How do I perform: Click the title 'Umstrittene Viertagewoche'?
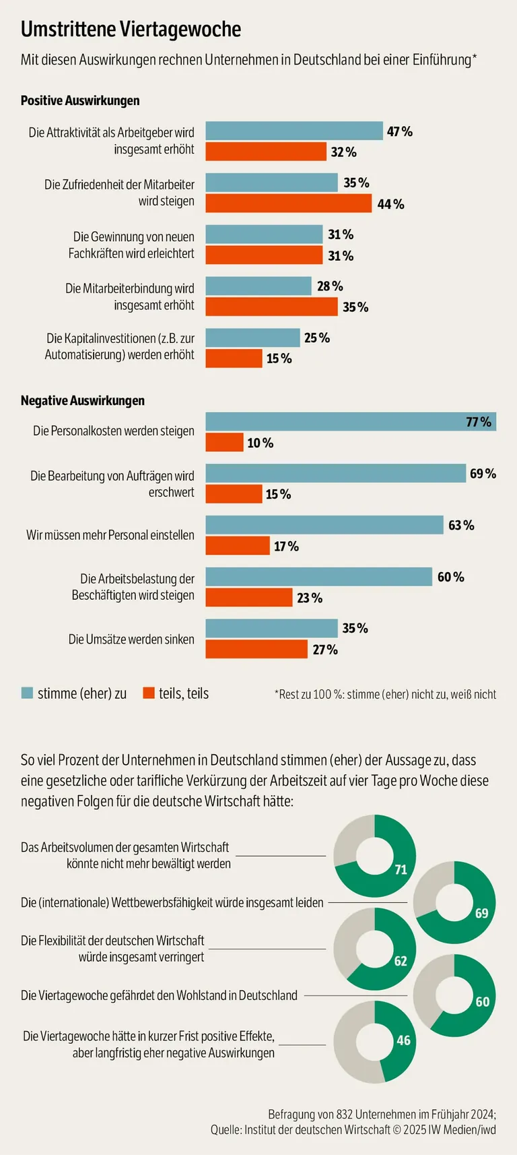pos(131,29)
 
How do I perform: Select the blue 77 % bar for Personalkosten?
pos(350,422)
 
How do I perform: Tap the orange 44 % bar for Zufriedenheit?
pos(288,204)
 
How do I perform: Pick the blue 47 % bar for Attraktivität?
pos(294,131)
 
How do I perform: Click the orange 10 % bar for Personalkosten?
pos(224,443)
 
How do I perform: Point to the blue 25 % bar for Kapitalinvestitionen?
pos(252,338)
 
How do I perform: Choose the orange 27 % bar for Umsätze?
pos(256,650)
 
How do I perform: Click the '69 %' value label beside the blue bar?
pos(483,474)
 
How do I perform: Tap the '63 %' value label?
pos(461,526)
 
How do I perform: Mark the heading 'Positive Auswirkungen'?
pos(80,100)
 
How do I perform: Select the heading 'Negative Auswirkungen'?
pos(82,400)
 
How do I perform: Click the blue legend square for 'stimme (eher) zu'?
pos(27,693)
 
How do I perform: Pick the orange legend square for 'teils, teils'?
pos(149,693)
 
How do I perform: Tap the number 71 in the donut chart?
pos(401,870)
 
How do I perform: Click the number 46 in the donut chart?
pos(403,1040)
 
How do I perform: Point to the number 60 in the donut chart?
pos(483,1002)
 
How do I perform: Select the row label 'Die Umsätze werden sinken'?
pos(131,639)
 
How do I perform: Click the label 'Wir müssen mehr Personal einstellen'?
pos(110,535)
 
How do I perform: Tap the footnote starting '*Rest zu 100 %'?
pos(385,694)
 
